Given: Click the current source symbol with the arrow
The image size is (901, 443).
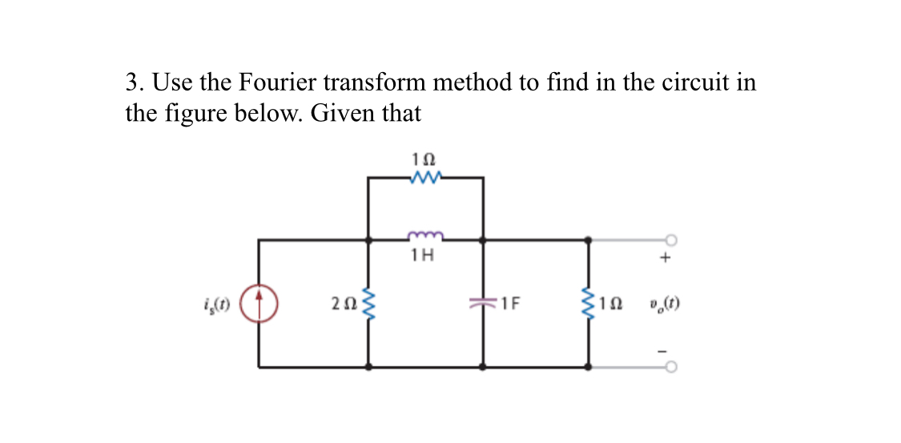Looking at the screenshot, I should pos(259,304).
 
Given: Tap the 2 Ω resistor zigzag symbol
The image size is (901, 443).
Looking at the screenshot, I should pos(368,304).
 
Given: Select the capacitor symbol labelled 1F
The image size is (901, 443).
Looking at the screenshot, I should pos(483,304).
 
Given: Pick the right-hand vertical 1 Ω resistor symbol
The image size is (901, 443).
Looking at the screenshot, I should pos(590,304).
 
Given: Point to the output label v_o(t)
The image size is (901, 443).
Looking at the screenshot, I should pos(666,304).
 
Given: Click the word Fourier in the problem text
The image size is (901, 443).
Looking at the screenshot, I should pos(279,83).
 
